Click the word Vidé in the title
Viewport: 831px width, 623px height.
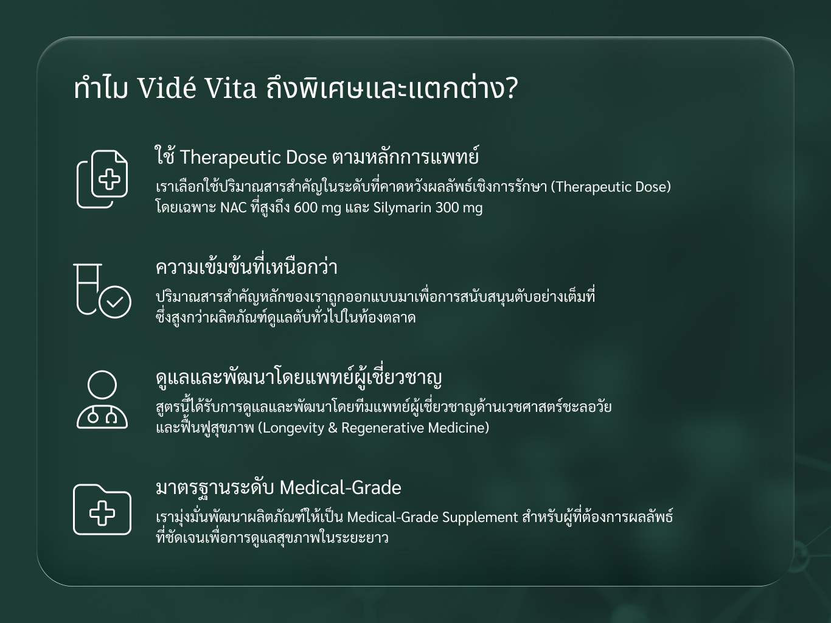click(x=166, y=88)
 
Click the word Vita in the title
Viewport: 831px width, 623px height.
click(x=231, y=88)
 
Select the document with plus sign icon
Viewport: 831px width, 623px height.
click(x=102, y=179)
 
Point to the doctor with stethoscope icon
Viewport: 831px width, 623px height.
click(x=102, y=400)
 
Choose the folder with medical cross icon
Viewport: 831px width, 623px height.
click(x=102, y=509)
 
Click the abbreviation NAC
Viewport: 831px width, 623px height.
click(x=234, y=208)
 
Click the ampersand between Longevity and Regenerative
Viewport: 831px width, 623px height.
click(x=333, y=428)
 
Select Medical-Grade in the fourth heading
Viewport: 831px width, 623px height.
click(x=340, y=487)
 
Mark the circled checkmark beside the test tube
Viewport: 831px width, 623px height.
click(x=115, y=302)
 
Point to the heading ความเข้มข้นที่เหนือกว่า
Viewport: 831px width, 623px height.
click(x=246, y=267)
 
